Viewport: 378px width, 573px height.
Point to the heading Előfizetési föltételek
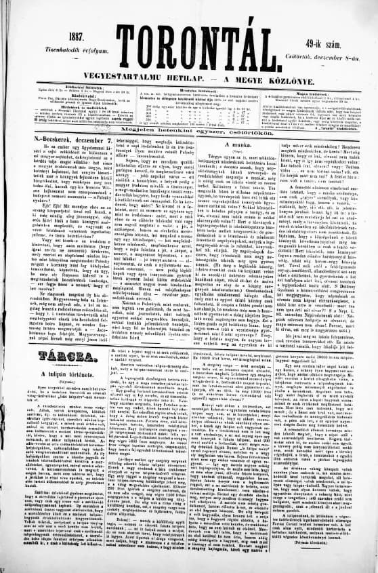pos(58,87)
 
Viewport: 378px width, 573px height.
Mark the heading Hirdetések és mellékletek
pos(58,105)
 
